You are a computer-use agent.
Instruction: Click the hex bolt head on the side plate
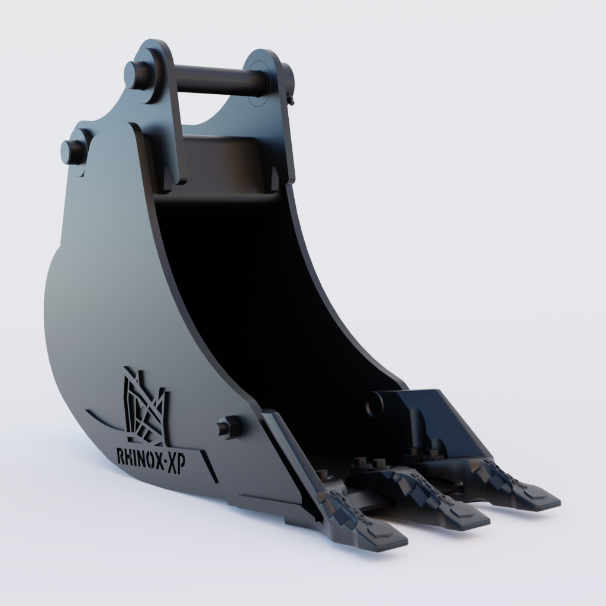pos(228,426)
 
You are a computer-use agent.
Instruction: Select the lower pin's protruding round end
pos(72,151)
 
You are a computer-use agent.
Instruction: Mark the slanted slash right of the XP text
pos(209,466)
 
